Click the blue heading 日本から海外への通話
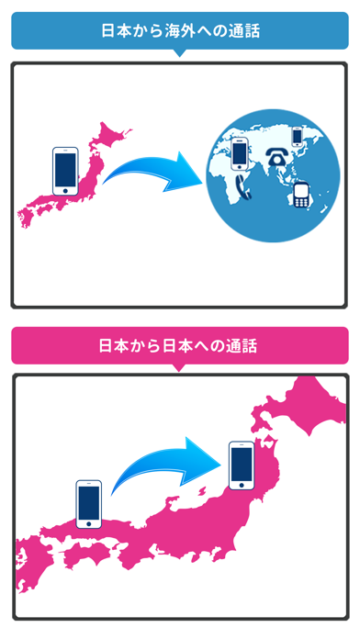[180, 30]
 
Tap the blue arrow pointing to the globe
[153, 172]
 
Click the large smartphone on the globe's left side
[239, 152]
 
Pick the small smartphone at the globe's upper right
[296, 136]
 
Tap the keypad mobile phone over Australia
[300, 194]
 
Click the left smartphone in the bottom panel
[89, 503]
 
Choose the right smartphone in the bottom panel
[242, 466]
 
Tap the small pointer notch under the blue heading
[180, 52]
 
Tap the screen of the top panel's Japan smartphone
[66, 168]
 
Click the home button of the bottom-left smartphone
[89, 523]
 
